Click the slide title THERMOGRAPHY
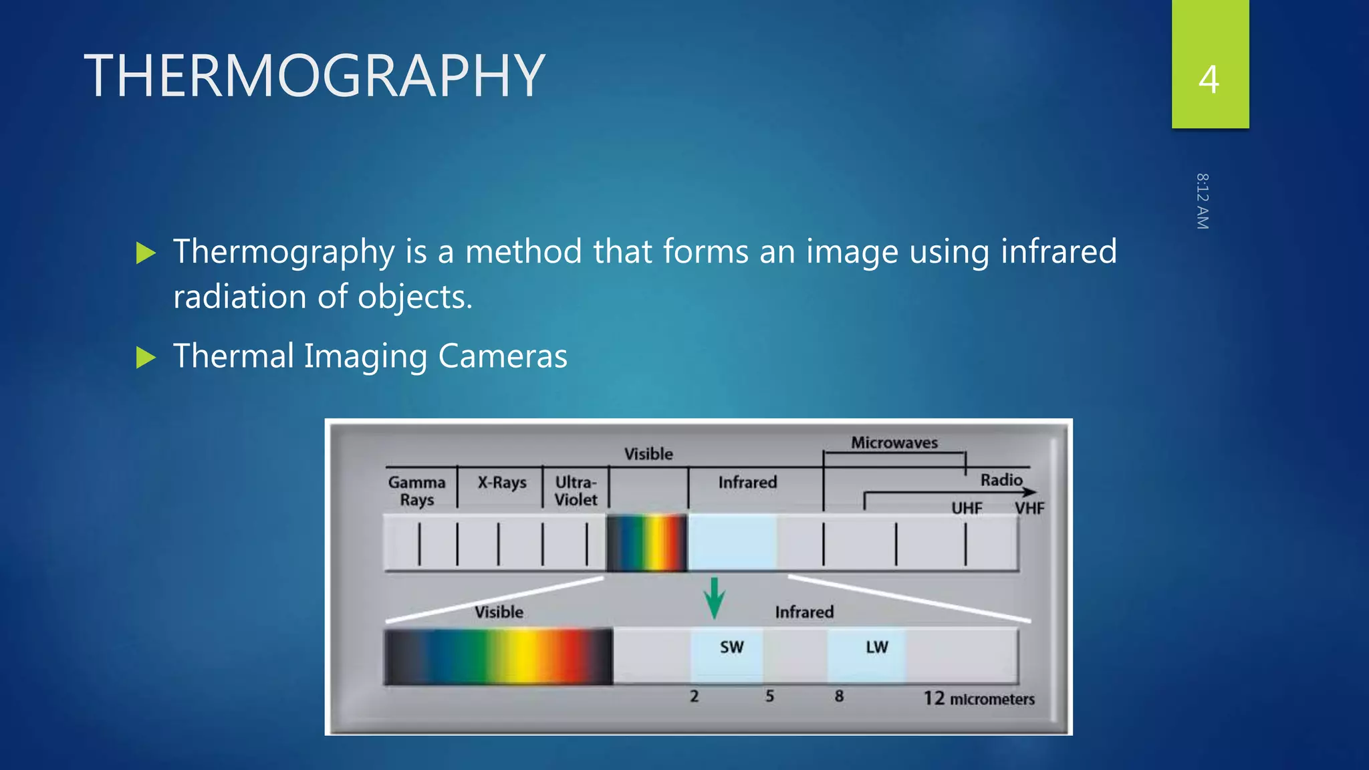point(314,76)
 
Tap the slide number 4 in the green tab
point(1209,80)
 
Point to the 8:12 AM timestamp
point(1202,201)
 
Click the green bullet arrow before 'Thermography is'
point(146,253)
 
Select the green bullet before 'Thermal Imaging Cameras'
point(146,358)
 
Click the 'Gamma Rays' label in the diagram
point(416,491)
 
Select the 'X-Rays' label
point(502,483)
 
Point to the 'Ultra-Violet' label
point(576,491)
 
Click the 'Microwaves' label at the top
point(894,442)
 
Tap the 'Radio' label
point(1001,480)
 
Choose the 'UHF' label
point(967,508)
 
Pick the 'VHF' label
point(1029,508)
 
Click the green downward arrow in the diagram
point(714,598)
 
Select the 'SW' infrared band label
point(731,647)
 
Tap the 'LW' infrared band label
point(876,647)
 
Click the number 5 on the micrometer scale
point(769,696)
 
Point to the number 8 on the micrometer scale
point(839,696)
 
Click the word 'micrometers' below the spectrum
point(992,699)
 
